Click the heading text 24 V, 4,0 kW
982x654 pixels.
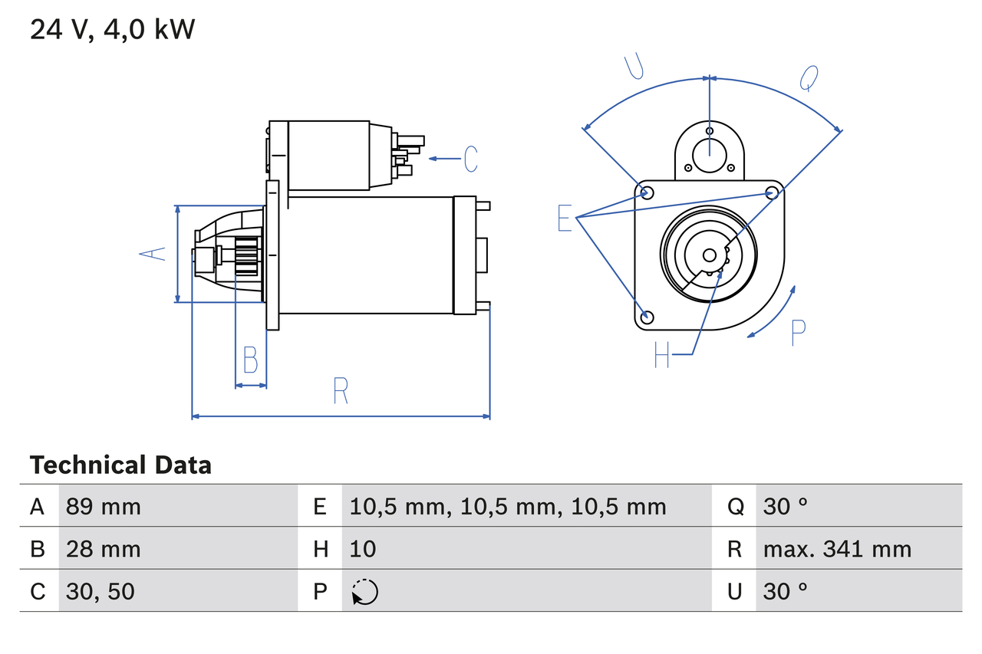click(x=112, y=30)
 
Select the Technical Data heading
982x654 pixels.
click(x=120, y=465)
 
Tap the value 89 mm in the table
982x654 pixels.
click(x=104, y=506)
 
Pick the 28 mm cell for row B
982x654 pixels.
click(x=104, y=549)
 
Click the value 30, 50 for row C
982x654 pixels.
click(x=101, y=591)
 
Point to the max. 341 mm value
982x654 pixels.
click(x=837, y=549)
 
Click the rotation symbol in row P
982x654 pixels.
click(x=364, y=592)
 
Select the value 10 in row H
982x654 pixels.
click(x=363, y=549)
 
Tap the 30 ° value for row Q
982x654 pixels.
click(x=786, y=506)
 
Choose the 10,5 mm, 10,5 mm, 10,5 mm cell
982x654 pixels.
click(x=508, y=506)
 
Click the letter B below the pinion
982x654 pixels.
click(x=251, y=360)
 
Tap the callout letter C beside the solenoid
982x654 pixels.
click(x=470, y=159)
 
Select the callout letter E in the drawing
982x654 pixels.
click(x=565, y=219)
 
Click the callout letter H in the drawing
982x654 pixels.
click(x=662, y=354)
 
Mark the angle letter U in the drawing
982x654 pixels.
click(x=634, y=67)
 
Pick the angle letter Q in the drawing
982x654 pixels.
click(x=809, y=77)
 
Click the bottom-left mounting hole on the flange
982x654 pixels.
click(x=648, y=317)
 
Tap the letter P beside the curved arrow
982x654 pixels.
click(x=798, y=333)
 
